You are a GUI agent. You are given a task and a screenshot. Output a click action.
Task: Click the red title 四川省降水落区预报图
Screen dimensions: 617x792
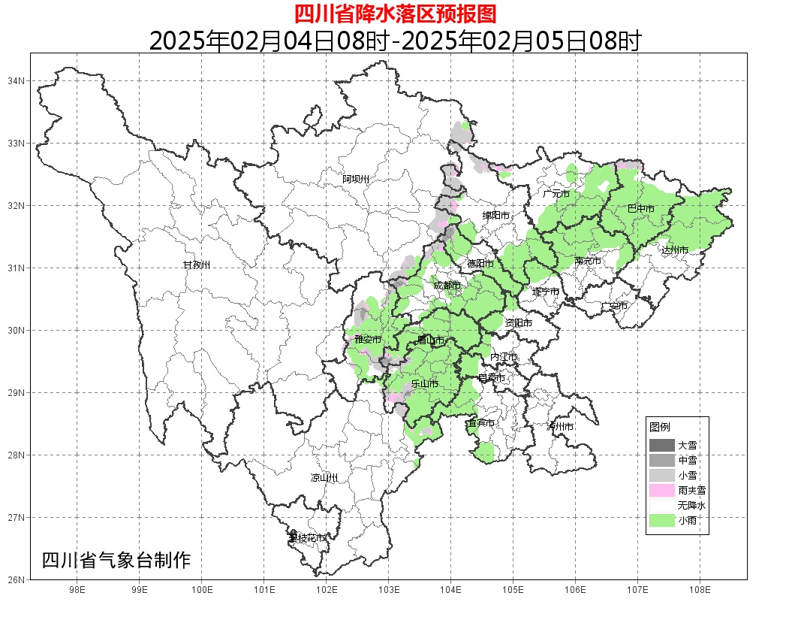[x=395, y=14]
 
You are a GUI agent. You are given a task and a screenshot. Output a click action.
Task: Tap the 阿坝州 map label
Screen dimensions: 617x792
[x=356, y=179]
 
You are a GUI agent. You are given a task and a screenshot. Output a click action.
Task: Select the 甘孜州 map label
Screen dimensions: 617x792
[x=197, y=265]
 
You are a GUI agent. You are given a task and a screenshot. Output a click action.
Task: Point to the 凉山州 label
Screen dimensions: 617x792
[x=324, y=478]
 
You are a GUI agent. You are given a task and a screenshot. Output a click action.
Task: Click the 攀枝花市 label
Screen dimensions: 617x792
[x=307, y=538]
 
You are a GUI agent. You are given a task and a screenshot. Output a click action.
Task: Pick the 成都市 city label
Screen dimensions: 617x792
[x=447, y=286]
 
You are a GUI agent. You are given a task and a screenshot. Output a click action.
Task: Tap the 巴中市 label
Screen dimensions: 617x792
[x=640, y=209]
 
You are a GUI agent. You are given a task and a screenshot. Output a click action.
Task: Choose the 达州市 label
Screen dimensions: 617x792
[x=674, y=250]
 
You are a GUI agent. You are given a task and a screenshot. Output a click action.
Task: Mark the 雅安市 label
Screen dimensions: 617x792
[x=368, y=340]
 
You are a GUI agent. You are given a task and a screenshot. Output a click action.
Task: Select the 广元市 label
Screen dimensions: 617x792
[x=556, y=194]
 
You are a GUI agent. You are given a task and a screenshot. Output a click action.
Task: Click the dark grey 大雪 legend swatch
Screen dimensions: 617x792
[x=661, y=445]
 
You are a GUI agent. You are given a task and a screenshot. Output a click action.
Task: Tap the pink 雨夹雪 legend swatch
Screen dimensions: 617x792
[x=661, y=490]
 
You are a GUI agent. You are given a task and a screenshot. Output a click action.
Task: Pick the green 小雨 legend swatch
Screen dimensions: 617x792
[x=661, y=520]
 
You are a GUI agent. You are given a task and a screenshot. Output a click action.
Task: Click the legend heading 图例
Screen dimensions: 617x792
[x=660, y=427]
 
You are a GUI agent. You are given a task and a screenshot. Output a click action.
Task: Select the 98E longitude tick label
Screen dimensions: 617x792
[x=77, y=590]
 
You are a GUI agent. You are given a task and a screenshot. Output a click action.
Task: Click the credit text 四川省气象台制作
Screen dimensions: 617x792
[x=116, y=560]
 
